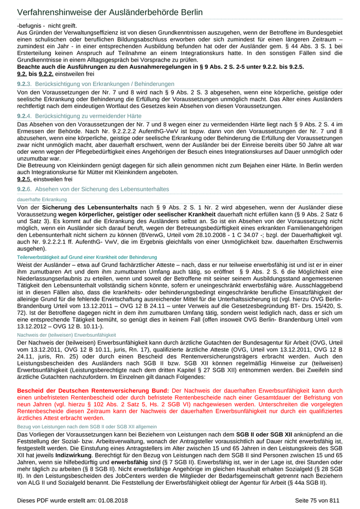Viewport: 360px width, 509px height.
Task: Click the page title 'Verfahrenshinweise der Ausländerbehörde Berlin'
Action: pyautogui.click(x=110, y=12)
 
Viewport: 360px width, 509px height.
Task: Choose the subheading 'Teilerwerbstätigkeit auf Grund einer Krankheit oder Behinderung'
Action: pyautogui.click(x=87, y=257)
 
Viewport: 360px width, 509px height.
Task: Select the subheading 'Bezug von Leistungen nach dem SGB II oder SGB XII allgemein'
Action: pyautogui.click(x=87, y=426)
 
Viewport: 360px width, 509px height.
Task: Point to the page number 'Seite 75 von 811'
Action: pyautogui.click(x=317, y=500)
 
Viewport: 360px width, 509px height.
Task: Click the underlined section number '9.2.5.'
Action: pyautogui.click(x=24, y=179)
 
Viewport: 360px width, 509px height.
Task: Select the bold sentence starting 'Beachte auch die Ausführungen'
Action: pyautogui.click(x=160, y=67)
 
